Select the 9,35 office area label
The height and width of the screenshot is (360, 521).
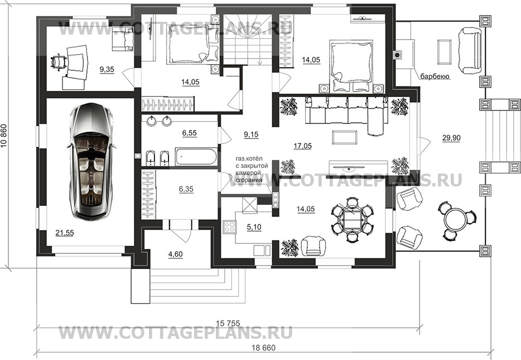[x=107, y=69]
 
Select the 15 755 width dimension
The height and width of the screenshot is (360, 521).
[x=228, y=322]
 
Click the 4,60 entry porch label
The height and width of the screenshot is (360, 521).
[x=176, y=255]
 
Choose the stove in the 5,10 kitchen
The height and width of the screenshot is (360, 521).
[x=229, y=228]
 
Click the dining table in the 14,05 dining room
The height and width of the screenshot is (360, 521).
[x=353, y=219]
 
